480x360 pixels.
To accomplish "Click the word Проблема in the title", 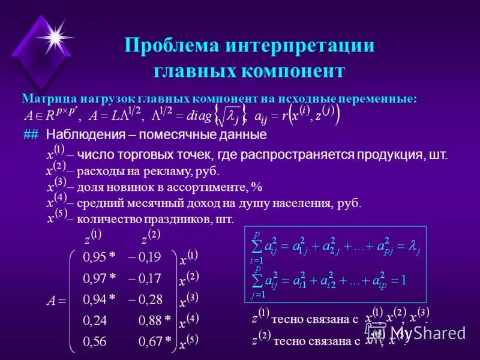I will pyautogui.click(x=170, y=46).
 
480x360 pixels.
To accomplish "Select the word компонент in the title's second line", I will pyautogui.click(x=293, y=71).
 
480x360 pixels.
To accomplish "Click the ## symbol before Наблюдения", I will pyautogui.click(x=31, y=134).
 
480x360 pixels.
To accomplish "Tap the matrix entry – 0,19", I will pyautogui.click(x=145, y=257).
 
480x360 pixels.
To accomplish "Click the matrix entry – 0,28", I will pyautogui.click(x=145, y=299).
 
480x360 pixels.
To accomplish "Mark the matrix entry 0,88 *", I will pyautogui.click(x=155, y=321).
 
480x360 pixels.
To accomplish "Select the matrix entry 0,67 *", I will pyautogui.click(x=155, y=342).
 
